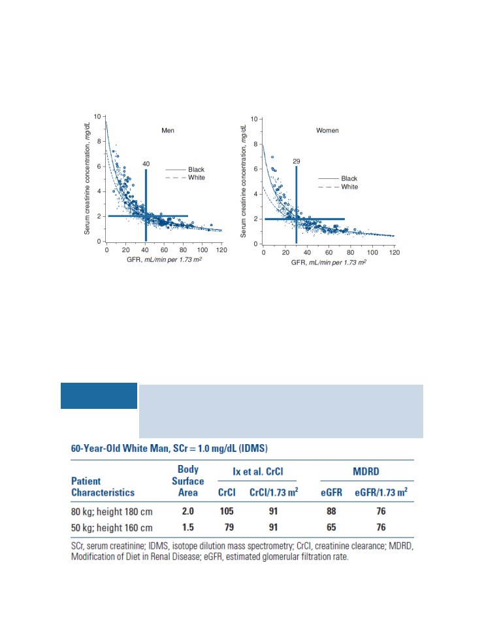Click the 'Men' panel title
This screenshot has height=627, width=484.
(x=168, y=131)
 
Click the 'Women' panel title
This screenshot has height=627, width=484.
(x=327, y=131)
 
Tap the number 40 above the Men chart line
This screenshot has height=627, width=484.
(x=146, y=164)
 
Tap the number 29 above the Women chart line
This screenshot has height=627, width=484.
(x=296, y=161)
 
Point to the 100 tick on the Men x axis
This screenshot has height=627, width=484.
(x=202, y=250)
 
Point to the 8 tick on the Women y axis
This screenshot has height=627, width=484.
(x=255, y=144)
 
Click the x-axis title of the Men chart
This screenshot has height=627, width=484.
(x=164, y=260)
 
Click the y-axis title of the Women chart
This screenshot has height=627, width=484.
(x=243, y=181)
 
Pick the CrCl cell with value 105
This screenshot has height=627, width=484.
(x=227, y=511)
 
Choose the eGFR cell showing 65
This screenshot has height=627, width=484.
(x=331, y=527)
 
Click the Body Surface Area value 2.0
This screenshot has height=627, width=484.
(x=187, y=511)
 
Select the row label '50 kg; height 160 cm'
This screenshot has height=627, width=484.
(x=112, y=528)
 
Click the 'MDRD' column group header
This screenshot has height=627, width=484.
(x=366, y=472)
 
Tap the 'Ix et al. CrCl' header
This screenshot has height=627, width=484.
(x=257, y=472)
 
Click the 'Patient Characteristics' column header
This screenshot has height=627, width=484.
(x=103, y=487)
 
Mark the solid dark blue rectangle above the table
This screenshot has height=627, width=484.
(x=99, y=396)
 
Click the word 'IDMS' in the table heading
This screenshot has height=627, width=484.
(x=253, y=448)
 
